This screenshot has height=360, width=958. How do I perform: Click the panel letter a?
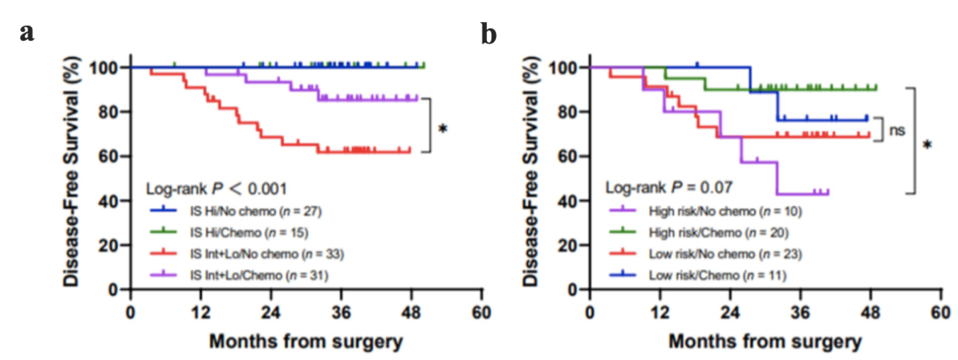pyautogui.click(x=27, y=33)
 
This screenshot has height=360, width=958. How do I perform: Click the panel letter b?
pyautogui.click(x=489, y=34)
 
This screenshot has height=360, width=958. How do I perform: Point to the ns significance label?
pyautogui.click(x=897, y=130)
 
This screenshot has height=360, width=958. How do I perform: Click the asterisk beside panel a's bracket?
pyautogui.click(x=443, y=129)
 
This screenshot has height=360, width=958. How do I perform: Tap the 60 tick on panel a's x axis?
pyautogui.click(x=482, y=312)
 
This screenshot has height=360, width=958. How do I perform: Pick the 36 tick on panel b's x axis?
pyautogui.click(x=801, y=312)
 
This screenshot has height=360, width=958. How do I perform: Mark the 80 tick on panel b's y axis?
pyautogui.click(x=565, y=112)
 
